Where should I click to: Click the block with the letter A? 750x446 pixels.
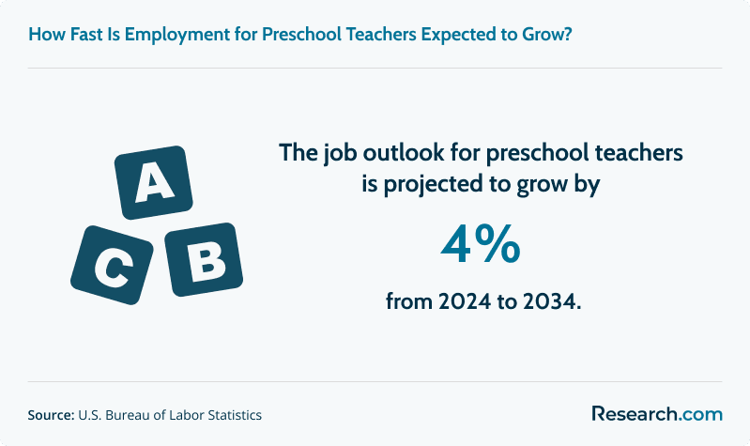coord(154,182)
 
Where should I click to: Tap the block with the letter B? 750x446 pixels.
coord(204,259)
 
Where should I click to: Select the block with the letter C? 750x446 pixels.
coord(112,265)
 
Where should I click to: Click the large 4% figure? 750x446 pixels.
coord(481,245)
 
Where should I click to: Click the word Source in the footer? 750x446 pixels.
coord(51,415)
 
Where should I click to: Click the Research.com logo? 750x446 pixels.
coord(657,414)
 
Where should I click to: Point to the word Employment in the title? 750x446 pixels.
coord(177,35)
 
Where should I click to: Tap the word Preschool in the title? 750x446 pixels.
coord(302,35)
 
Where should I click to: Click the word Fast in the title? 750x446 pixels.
coord(86,35)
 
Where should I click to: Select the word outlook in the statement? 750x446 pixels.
coord(404,153)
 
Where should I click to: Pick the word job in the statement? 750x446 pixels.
coord(340,154)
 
